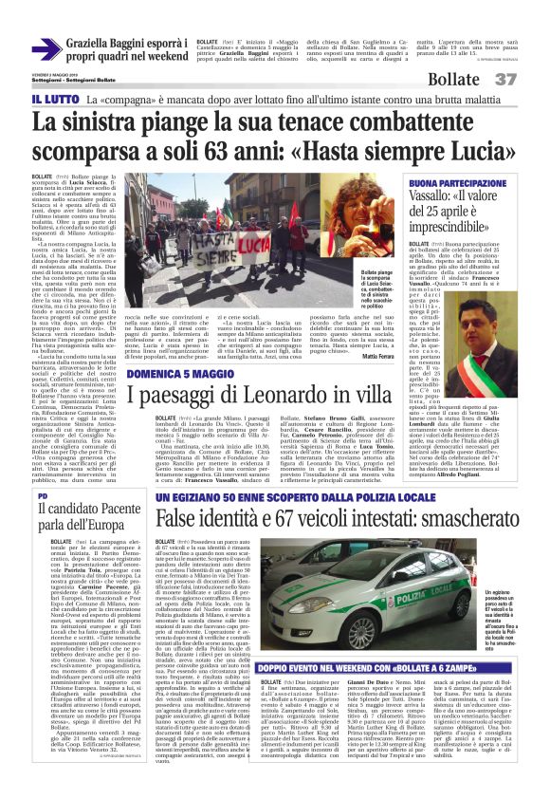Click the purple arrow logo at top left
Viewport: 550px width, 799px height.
click(46, 49)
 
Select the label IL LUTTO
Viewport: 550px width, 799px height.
click(55, 99)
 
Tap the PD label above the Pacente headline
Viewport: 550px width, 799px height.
click(43, 496)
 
